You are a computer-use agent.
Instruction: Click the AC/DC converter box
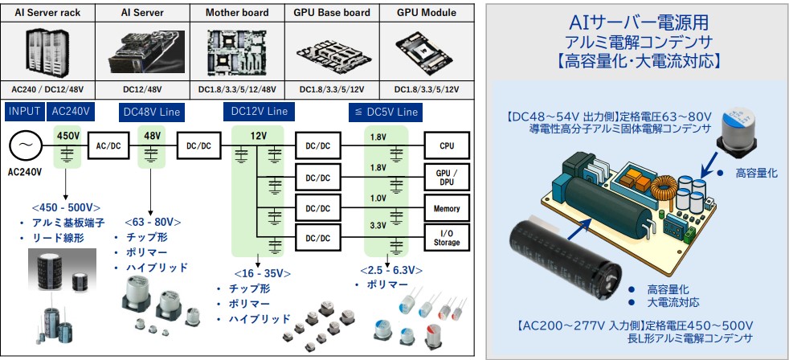click(108, 146)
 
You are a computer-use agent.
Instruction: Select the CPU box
click(446, 146)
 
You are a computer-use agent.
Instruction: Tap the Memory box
click(446, 208)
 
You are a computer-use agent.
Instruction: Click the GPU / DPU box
click(446, 177)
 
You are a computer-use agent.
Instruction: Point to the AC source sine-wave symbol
click(25, 146)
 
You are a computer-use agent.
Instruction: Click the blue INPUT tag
click(25, 110)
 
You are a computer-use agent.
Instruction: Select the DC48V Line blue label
click(152, 110)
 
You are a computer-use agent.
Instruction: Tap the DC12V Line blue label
click(257, 110)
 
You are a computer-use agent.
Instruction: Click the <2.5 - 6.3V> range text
click(389, 269)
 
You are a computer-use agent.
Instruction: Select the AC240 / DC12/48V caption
click(47, 88)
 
